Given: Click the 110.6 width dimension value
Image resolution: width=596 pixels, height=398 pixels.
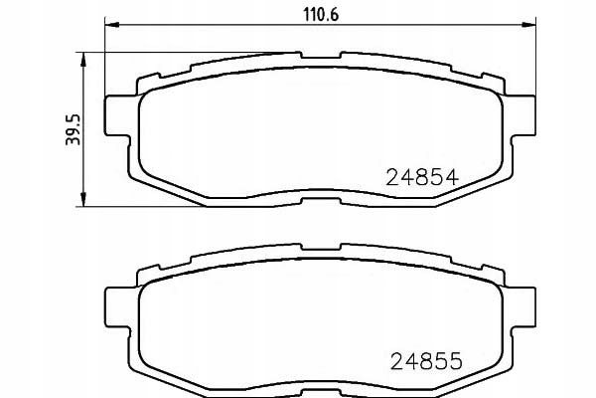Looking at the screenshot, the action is click(321, 15).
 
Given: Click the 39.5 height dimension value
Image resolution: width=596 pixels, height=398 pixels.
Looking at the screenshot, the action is click(73, 129).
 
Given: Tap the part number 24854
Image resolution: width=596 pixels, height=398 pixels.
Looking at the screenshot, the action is click(422, 177).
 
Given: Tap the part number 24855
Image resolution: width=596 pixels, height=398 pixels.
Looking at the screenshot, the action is click(426, 361).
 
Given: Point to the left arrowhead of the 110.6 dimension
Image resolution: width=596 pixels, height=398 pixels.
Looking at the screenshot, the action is click(112, 25).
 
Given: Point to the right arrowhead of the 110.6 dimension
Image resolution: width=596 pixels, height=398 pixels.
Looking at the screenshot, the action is click(528, 25).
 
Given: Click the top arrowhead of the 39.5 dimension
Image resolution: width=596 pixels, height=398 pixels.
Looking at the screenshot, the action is click(83, 60).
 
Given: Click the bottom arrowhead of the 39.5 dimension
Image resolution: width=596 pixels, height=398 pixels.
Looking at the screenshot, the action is click(83, 199).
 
